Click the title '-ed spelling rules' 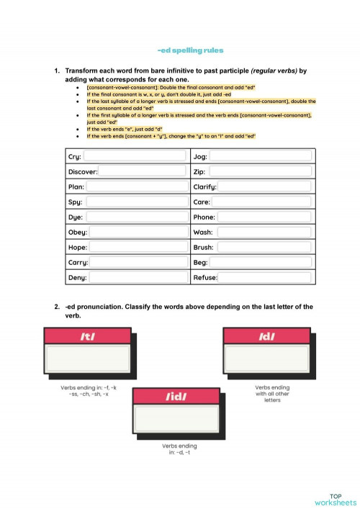(190, 50)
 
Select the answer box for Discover (143, 171)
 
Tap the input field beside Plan (138, 186)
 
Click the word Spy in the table (74, 202)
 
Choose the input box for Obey (139, 233)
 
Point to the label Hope (78, 248)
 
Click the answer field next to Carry (140, 263)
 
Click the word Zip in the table (199, 172)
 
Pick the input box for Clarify (265, 186)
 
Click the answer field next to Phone (265, 217)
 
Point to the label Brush (204, 248)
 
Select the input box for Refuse (266, 278)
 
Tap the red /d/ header (266, 336)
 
